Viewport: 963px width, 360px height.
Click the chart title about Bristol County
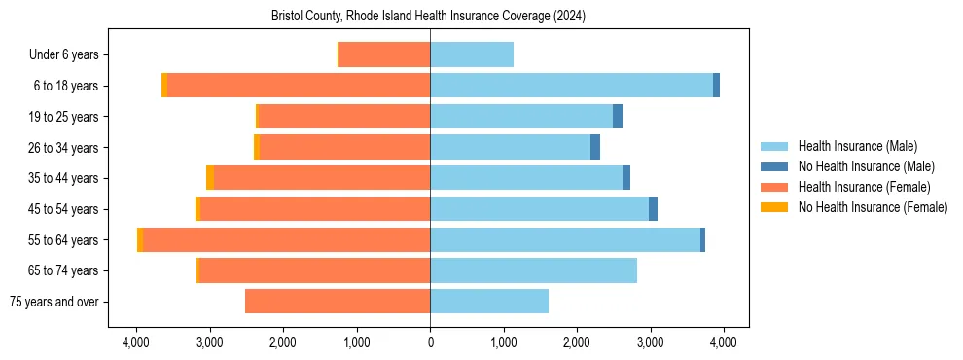point(428,17)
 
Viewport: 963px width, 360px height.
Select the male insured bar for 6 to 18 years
point(571,86)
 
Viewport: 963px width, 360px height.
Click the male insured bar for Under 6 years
point(472,55)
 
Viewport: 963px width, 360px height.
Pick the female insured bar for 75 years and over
point(338,302)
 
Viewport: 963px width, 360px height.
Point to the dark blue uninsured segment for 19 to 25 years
point(618,117)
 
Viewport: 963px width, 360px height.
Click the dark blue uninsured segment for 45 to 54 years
point(654,209)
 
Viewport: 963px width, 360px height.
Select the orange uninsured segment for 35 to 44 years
point(210,178)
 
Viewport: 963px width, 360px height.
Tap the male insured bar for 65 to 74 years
point(533,270)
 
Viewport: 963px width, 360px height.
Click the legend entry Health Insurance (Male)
point(857,146)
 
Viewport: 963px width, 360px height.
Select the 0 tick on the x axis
point(430,342)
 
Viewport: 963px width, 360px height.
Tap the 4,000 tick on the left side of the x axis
point(136,342)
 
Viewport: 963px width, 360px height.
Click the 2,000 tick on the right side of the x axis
point(577,342)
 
